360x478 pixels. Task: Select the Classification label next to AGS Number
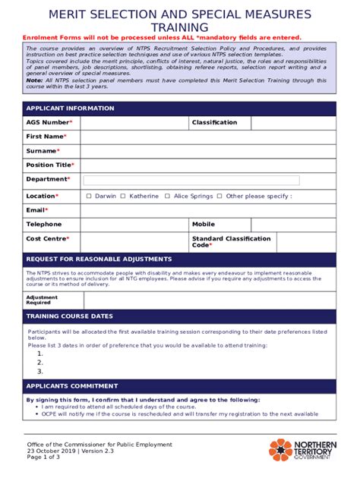pyautogui.click(x=214, y=122)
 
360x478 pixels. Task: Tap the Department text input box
pyautogui.click(x=191, y=181)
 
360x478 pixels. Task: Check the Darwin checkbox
pyautogui.click(x=89, y=196)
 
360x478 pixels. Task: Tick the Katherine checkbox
pyautogui.click(x=123, y=196)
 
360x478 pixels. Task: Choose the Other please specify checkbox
pyautogui.click(x=219, y=196)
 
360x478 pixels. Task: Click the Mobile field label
pyautogui.click(x=204, y=225)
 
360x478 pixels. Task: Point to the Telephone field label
pyautogui.click(x=44, y=225)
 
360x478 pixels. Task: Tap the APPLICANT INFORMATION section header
pyautogui.click(x=70, y=108)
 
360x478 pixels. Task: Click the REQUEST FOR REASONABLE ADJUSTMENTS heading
pyautogui.click(x=93, y=259)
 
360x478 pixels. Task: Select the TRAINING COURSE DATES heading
pyautogui.click(x=69, y=316)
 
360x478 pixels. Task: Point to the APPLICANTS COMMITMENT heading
pyautogui.click(x=72, y=385)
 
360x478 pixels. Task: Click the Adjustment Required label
pyautogui.click(x=43, y=300)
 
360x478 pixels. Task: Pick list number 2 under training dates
pyautogui.click(x=39, y=363)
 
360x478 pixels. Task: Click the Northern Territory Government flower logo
pyautogui.click(x=280, y=450)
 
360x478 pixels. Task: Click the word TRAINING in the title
pyautogui.click(x=179, y=27)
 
